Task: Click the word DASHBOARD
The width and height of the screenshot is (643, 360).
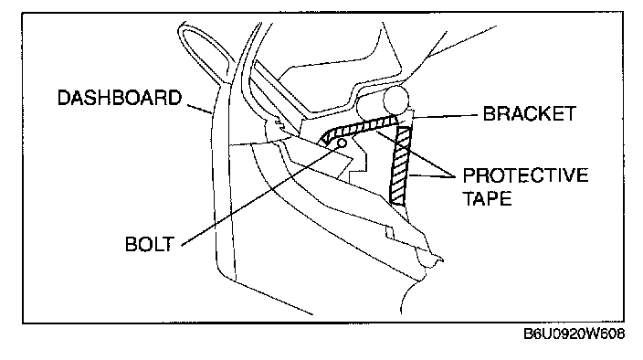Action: [120, 98]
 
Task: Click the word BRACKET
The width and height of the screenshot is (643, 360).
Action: [530, 113]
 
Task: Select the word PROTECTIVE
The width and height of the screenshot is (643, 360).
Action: [525, 175]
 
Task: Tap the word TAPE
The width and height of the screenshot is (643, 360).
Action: [487, 198]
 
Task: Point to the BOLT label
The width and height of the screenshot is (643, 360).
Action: [150, 244]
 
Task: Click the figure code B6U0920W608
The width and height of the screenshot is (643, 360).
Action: [574, 334]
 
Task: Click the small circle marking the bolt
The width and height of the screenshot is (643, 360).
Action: [342, 143]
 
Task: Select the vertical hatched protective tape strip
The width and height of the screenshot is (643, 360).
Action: [400, 165]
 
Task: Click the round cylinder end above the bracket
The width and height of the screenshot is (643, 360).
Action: [395, 100]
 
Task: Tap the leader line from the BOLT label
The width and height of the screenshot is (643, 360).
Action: [261, 195]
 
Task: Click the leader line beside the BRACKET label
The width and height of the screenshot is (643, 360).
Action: [445, 116]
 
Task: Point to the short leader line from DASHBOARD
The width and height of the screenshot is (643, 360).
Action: [200, 109]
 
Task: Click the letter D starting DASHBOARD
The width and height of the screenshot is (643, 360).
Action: [64, 98]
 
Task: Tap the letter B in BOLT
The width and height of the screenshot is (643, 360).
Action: [132, 244]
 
